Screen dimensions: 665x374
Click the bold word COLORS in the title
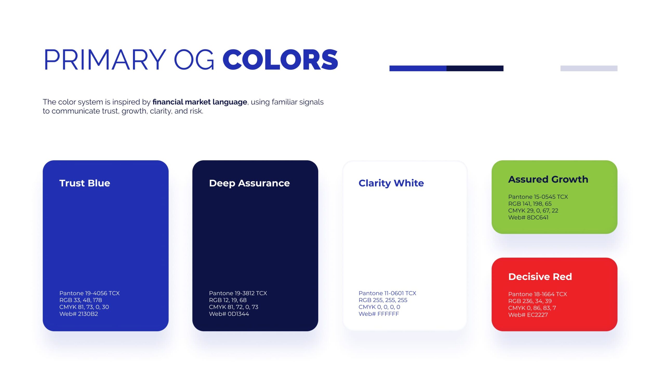click(x=280, y=60)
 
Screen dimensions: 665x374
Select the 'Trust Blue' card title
click(x=85, y=183)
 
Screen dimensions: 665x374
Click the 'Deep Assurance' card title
click(x=249, y=183)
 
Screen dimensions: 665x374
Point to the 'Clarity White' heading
click(x=391, y=183)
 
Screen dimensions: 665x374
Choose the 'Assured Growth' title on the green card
click(x=548, y=179)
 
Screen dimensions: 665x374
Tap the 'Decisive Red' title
click(x=540, y=277)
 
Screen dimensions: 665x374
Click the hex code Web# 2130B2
click(x=79, y=314)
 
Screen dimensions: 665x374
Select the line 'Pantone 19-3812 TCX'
click(x=238, y=293)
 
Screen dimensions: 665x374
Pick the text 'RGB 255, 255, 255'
click(x=383, y=300)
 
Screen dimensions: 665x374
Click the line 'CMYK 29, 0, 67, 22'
click(x=533, y=211)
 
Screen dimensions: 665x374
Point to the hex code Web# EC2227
click(x=528, y=315)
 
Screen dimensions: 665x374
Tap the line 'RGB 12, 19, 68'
click(x=228, y=300)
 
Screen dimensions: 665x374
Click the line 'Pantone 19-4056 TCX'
click(x=89, y=293)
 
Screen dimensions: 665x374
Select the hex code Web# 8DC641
click(x=528, y=217)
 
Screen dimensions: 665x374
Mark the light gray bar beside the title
click(x=589, y=68)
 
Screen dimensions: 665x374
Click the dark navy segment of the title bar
click(x=475, y=68)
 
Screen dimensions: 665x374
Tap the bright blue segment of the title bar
click(x=418, y=68)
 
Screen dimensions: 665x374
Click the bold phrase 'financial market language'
click(x=200, y=102)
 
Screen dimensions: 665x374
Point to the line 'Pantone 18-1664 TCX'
click(x=537, y=294)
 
